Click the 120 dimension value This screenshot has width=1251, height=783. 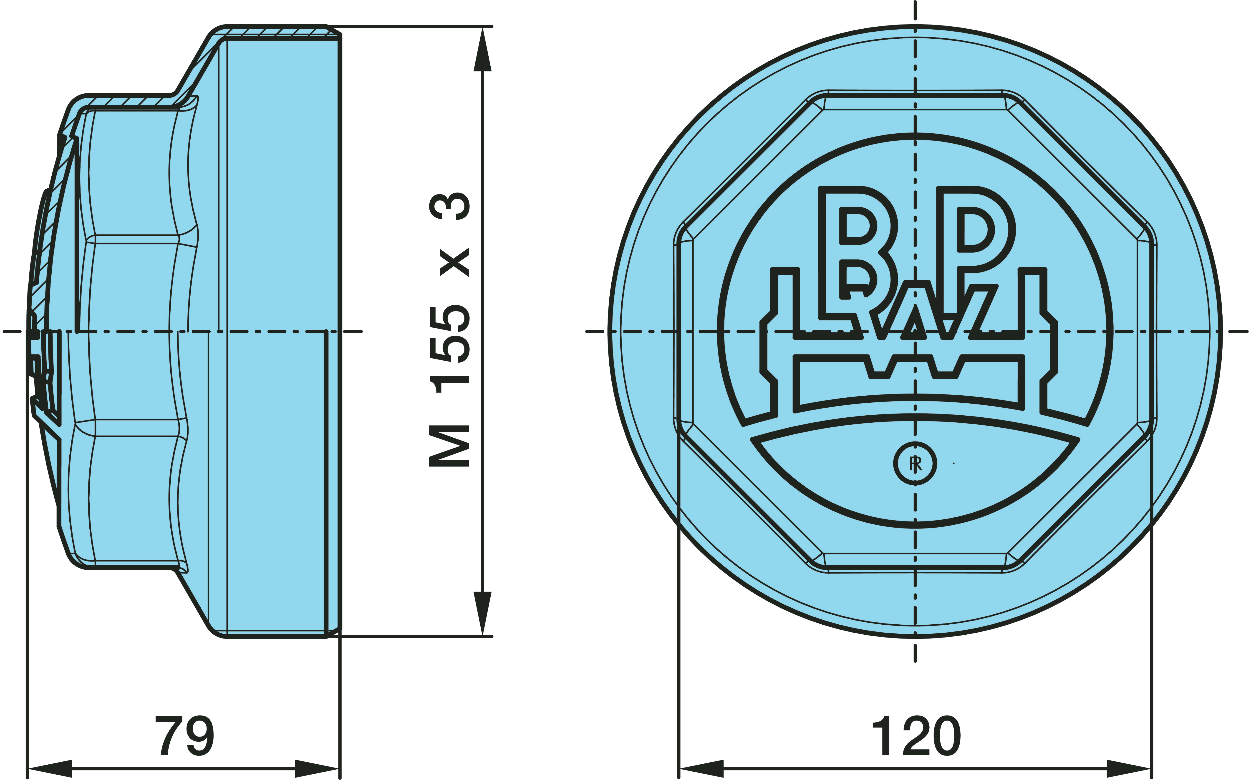[x=916, y=736]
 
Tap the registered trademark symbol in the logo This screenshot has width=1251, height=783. [x=915, y=464]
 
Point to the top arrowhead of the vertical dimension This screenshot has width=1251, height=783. [x=482, y=49]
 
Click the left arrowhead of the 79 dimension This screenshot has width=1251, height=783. [x=50, y=768]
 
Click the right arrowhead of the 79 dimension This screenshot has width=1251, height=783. [x=317, y=768]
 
